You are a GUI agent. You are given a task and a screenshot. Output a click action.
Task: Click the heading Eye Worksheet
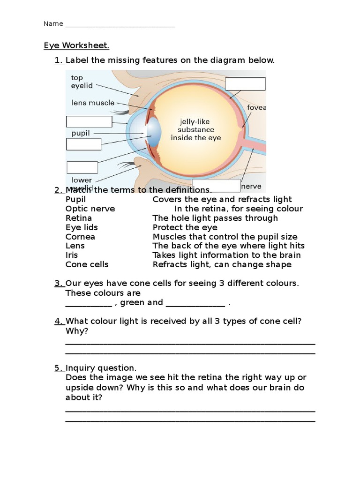[x=76, y=45]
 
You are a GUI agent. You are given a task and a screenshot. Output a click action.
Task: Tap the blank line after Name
[x=120, y=24]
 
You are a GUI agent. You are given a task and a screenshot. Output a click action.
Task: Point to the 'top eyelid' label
[x=82, y=82]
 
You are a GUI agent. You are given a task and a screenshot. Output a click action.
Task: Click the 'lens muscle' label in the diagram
[x=93, y=102]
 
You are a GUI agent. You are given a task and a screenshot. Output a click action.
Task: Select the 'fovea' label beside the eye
[x=256, y=107]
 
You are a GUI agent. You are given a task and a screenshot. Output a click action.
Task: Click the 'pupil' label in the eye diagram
[x=81, y=133]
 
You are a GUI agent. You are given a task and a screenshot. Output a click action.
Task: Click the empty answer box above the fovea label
[x=245, y=84]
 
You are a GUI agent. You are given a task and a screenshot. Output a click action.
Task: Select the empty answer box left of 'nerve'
[x=216, y=186]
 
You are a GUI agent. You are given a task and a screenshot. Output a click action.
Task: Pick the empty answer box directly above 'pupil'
[x=89, y=121]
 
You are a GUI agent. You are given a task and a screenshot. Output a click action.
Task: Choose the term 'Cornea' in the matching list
[x=80, y=237]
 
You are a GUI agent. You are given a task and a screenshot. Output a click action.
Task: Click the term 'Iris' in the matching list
[x=72, y=255]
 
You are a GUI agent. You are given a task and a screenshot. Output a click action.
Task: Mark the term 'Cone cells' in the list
[x=87, y=264]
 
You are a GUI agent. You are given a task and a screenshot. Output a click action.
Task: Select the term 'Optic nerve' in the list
[x=90, y=209]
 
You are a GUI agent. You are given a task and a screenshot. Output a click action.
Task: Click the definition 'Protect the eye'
[x=185, y=227]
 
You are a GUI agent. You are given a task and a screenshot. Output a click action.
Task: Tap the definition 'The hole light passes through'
[x=215, y=218]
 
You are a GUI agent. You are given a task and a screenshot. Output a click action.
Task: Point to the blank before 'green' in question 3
[x=89, y=303]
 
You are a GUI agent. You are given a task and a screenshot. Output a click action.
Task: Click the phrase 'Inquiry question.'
[x=101, y=368]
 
